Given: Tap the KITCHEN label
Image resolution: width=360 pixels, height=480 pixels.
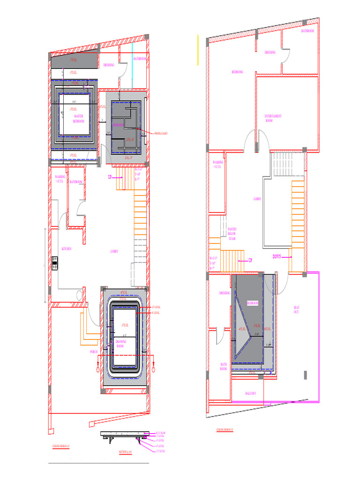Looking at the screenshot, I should (x=67, y=249).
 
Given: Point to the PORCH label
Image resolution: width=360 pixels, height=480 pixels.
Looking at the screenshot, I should (x=94, y=351).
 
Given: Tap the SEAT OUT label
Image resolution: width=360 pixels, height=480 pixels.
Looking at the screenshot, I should (x=296, y=310).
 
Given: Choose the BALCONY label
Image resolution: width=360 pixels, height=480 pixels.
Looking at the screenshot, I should (x=250, y=393).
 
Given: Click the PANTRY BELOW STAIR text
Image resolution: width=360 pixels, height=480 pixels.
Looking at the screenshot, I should (x=232, y=233).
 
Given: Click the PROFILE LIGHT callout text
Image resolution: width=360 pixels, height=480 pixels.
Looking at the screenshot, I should (x=161, y=134).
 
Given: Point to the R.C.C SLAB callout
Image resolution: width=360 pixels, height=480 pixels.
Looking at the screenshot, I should (x=160, y=433).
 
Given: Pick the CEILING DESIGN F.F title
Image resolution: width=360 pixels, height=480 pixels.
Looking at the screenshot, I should (x=225, y=429).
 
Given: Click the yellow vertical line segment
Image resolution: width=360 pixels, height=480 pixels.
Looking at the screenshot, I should (x=198, y=49).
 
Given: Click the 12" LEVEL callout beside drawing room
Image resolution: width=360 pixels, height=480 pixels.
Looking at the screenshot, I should (x=156, y=307).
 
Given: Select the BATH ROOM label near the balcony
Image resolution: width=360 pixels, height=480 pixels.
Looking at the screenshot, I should (x=224, y=366).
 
